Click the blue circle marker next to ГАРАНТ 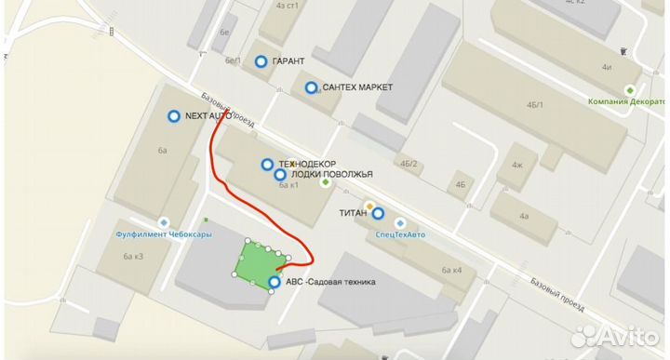(261, 61)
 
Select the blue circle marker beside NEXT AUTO (173, 116)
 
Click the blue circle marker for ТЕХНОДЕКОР (267, 164)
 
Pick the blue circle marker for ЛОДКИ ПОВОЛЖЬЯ (280, 174)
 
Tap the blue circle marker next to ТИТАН (378, 213)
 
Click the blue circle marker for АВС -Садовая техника (275, 282)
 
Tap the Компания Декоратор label (632, 101)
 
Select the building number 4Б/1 (535, 105)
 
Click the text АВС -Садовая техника (330, 282)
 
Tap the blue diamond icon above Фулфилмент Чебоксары (164, 222)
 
